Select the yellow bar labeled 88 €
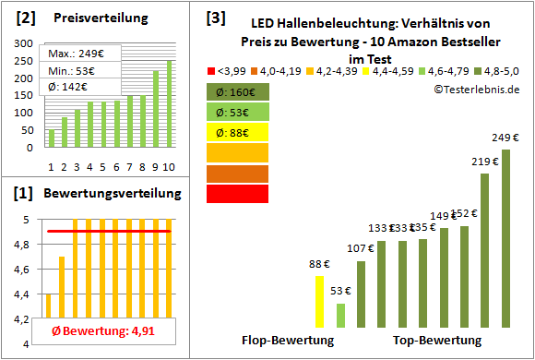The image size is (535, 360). tap(319, 302)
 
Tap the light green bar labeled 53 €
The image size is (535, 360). tap(340, 315)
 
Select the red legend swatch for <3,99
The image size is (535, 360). tap(213, 70)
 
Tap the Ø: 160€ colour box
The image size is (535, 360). tap(237, 91)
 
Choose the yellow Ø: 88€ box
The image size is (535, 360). tap(237, 132)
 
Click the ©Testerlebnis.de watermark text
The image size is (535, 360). tap(474, 89)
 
